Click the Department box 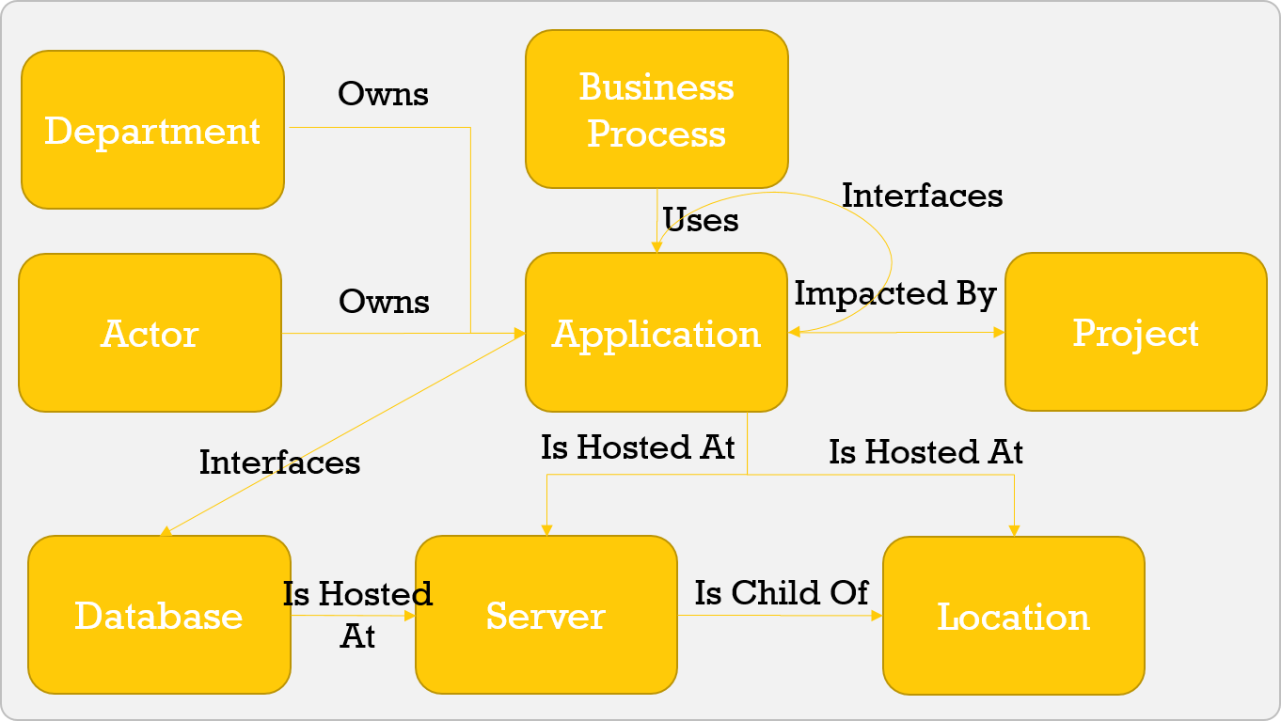click(152, 130)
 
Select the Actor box click(150, 333)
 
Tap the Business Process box click(656, 109)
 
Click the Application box click(656, 333)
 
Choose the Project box click(1135, 332)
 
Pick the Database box click(159, 615)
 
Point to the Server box click(546, 615)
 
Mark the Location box click(1013, 616)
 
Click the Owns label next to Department click(383, 94)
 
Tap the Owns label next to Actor click(384, 302)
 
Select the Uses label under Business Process click(701, 220)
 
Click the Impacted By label click(894, 294)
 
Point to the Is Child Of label click(782, 593)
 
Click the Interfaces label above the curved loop click(922, 196)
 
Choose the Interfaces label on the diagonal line click(279, 462)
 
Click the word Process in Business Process click(656, 133)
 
